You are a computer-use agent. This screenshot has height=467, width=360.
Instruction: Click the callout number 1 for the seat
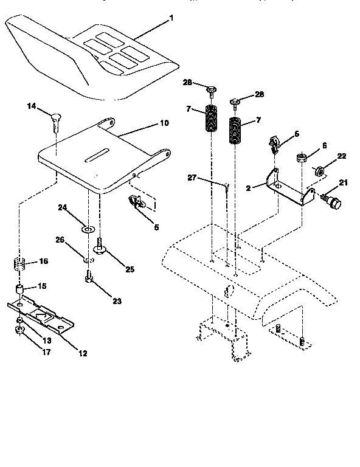point(171,18)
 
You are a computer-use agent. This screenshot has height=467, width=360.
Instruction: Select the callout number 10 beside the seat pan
point(164,123)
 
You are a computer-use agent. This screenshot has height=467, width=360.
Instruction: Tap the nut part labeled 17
point(19,331)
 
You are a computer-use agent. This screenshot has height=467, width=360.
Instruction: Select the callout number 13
point(46,341)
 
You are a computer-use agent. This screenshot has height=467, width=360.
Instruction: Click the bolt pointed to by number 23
point(88,279)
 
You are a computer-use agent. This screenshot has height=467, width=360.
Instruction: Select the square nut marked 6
point(302,159)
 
